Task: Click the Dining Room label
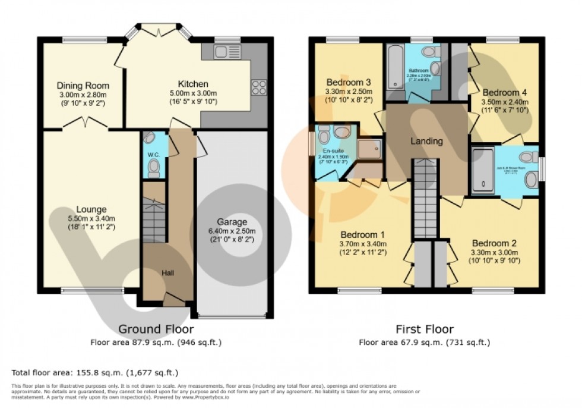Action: pos(83,86)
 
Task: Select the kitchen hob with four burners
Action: pos(259,87)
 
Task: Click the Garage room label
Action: pos(232,222)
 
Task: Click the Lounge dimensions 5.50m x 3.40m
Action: pos(91,218)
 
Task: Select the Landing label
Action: pos(427,142)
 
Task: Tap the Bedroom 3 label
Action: pos(349,82)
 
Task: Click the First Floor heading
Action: pos(425,329)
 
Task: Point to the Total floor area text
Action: pos(95,373)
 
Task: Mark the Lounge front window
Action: pos(81,291)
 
